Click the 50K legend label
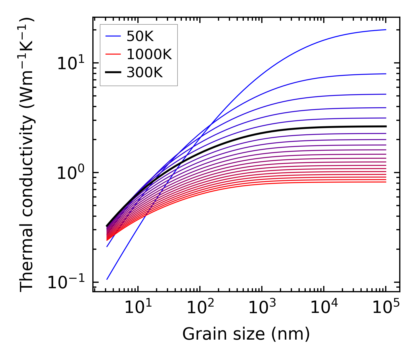(140, 36)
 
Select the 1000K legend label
(149, 54)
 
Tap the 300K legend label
(145, 73)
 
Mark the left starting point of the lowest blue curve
(107, 279)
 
